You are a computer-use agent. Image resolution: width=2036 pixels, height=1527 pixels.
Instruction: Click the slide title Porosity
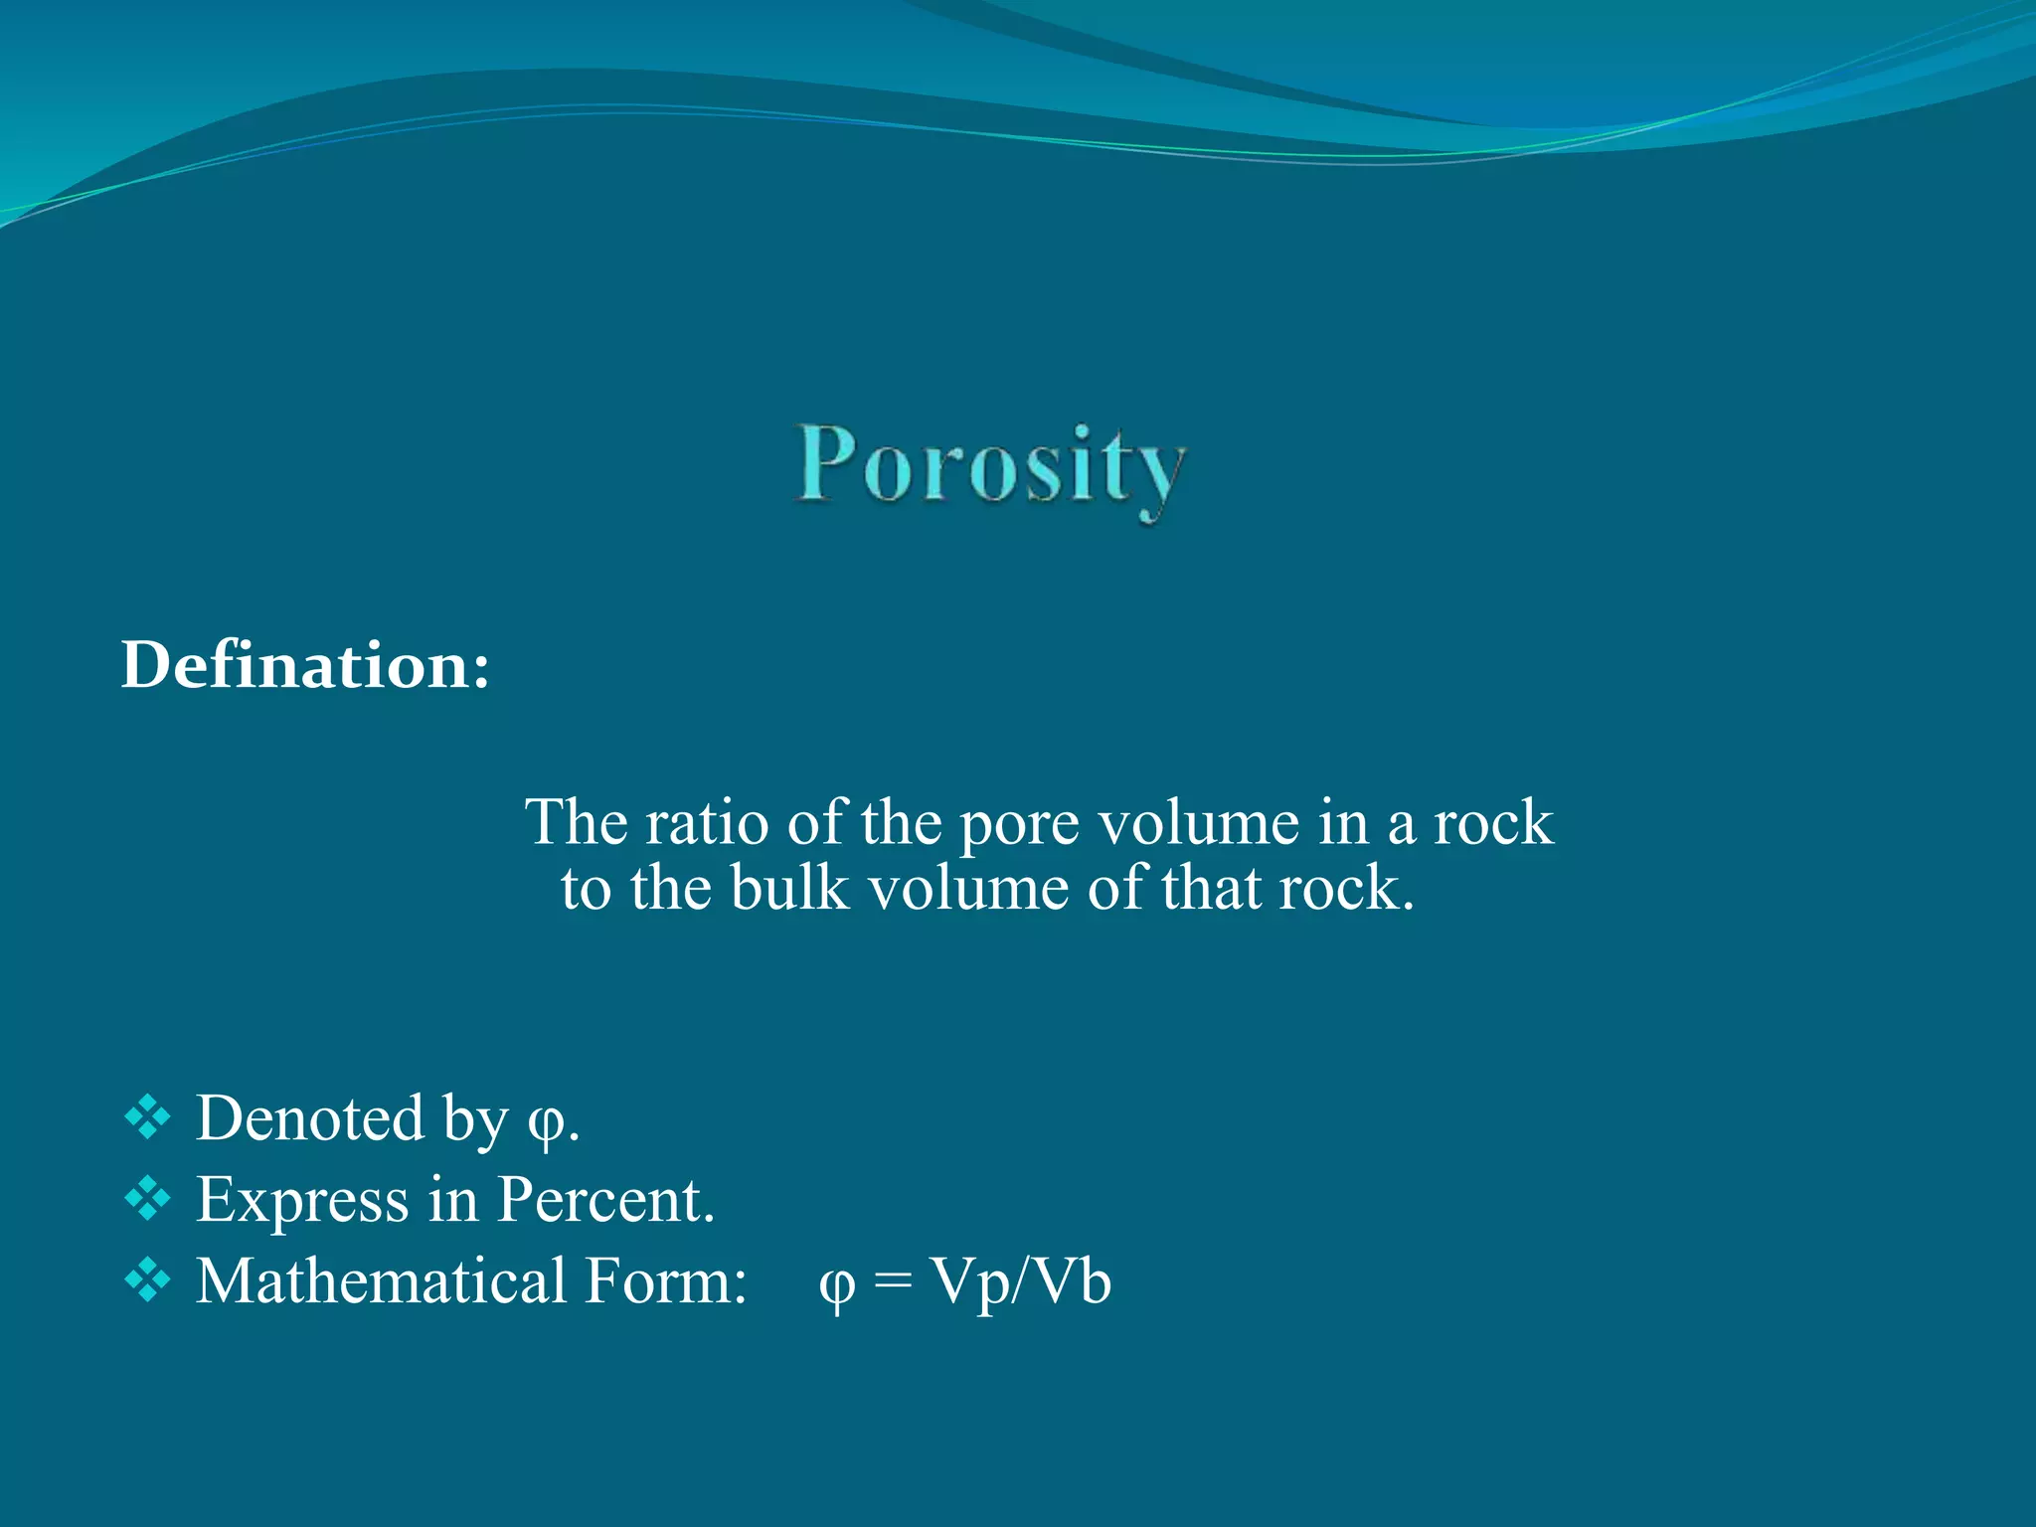coord(991,467)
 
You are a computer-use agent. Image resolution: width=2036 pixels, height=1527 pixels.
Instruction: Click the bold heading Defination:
coord(305,664)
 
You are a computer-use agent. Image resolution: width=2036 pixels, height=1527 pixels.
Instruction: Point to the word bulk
coord(789,888)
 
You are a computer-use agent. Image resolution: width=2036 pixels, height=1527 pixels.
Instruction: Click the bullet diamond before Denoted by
coord(148,1117)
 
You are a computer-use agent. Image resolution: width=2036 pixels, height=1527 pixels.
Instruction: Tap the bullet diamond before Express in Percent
coord(148,1198)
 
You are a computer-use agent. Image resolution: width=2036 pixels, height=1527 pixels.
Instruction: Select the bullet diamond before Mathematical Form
coord(148,1279)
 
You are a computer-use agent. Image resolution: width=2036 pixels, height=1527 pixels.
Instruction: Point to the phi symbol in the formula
coord(836,1285)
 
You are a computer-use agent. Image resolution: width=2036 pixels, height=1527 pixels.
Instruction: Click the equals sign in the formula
coord(892,1282)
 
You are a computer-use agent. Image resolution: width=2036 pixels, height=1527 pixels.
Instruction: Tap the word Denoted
coord(310,1118)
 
